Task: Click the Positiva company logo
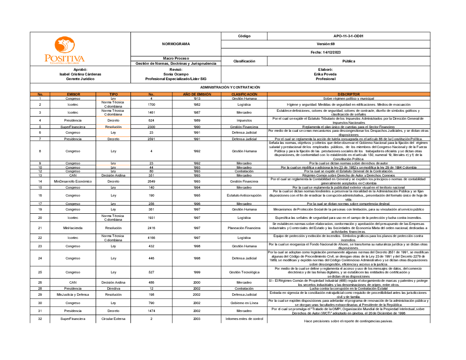(64, 51)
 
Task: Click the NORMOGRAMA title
(176, 44)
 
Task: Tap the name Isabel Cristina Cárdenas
(80, 74)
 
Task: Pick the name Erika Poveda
(325, 74)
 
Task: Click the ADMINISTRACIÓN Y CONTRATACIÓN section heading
(230, 87)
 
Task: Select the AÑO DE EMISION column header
(191, 94)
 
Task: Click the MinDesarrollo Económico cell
(73, 181)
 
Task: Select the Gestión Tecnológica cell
(244, 272)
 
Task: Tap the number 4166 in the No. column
(151, 238)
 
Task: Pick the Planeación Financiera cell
(244, 228)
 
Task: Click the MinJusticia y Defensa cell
(73, 294)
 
